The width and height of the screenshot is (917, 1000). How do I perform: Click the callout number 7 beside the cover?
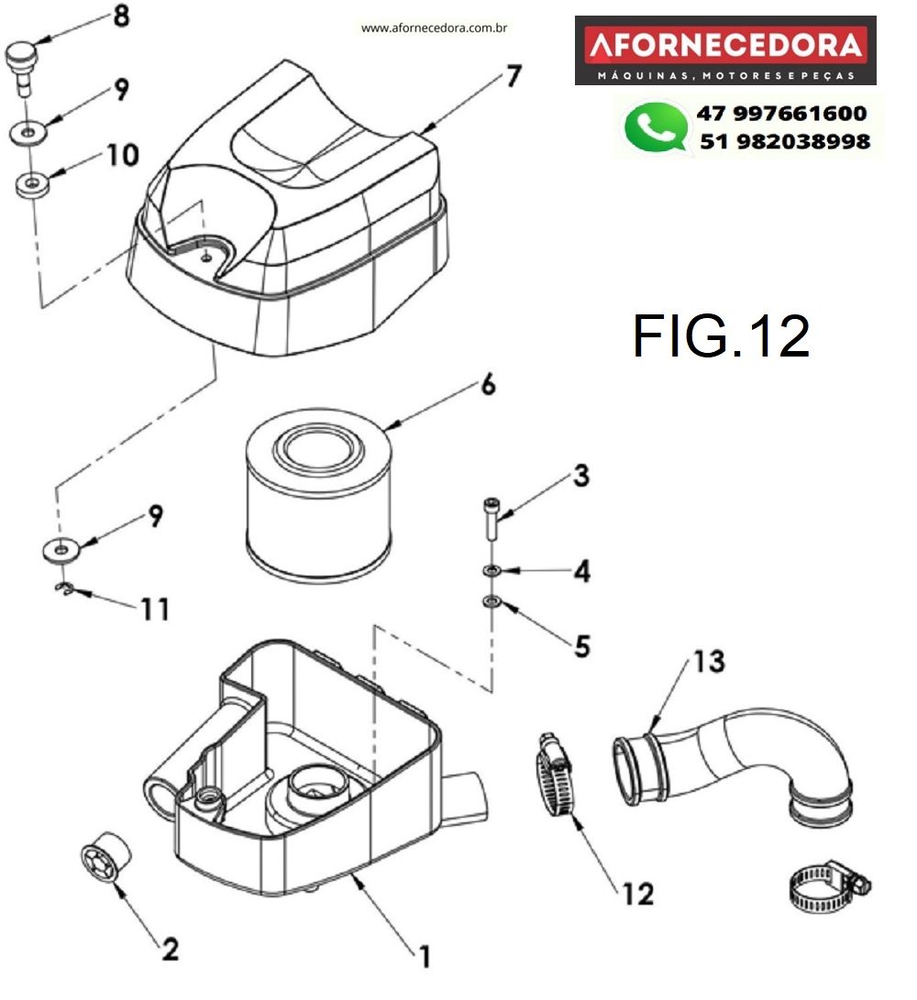coord(514,77)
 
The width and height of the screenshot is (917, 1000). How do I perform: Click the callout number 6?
coord(487,385)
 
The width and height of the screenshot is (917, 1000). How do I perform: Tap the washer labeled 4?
coord(492,572)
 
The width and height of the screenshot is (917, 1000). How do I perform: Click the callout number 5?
coord(582,646)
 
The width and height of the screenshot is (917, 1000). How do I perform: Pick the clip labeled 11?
coord(62,589)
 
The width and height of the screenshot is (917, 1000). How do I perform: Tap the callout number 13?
coord(709,661)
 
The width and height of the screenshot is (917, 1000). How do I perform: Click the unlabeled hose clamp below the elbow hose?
coord(827,890)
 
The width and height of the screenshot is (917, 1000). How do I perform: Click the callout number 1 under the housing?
coord(424,957)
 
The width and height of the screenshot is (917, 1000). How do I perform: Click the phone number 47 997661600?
coord(781,114)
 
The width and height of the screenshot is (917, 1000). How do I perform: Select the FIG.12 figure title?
coord(721,336)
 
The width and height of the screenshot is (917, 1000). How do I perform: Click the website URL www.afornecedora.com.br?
coord(435,28)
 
